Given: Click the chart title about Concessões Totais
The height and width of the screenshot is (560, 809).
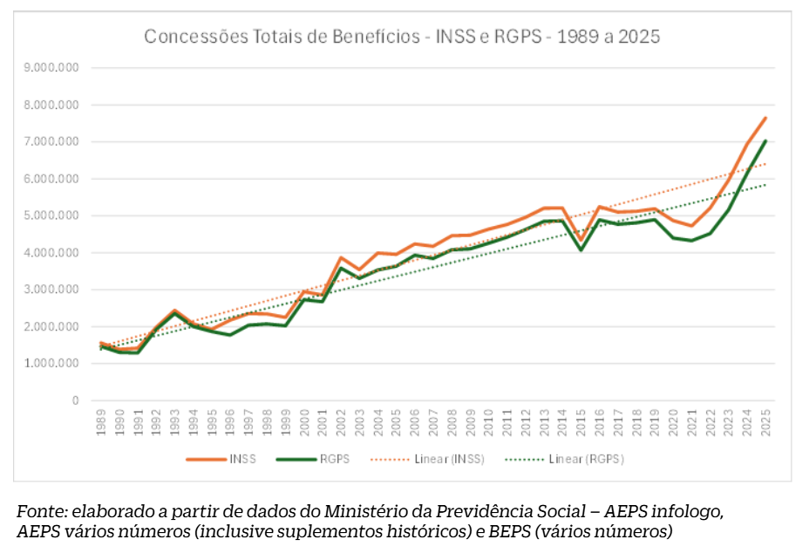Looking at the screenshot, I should click(402, 37).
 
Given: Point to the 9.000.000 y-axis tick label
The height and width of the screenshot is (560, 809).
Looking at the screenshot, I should click(51, 68).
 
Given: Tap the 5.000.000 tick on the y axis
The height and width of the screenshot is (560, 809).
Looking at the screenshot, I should click(51, 215).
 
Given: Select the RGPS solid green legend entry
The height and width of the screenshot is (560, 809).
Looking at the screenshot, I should click(315, 458).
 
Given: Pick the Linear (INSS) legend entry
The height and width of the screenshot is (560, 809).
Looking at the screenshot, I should click(436, 458).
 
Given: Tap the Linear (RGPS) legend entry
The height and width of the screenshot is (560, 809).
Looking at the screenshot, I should click(575, 458).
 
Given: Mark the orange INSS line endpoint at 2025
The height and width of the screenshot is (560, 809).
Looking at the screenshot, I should click(765, 118).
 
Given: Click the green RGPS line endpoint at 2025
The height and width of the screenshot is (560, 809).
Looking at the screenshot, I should click(765, 141).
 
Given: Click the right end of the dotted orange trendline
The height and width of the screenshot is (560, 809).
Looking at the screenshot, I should click(765, 164).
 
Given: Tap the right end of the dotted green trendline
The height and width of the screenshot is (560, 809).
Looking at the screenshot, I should click(765, 185).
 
